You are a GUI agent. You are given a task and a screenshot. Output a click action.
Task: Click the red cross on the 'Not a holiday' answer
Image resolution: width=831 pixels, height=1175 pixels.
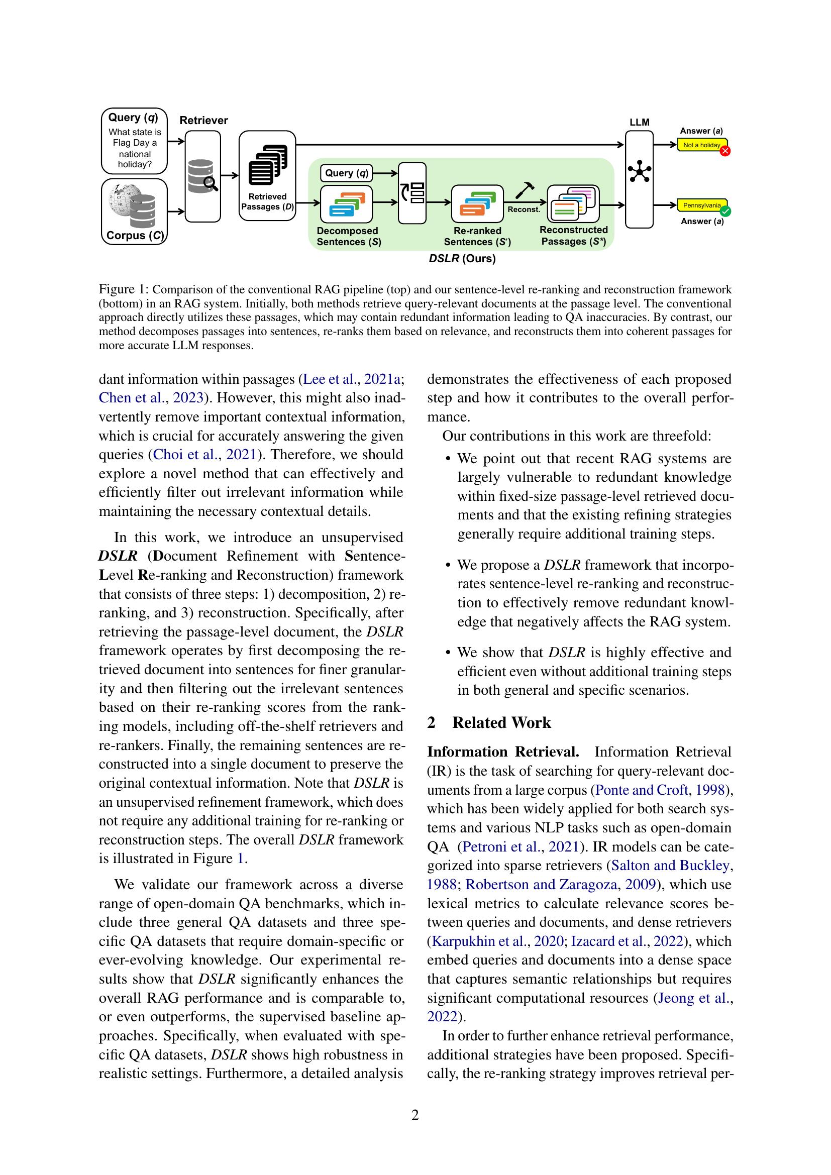724,151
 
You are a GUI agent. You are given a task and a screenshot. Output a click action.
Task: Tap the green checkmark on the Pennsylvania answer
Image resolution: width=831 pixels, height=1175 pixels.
724,211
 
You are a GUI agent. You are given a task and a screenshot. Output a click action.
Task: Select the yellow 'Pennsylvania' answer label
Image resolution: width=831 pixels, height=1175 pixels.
701,205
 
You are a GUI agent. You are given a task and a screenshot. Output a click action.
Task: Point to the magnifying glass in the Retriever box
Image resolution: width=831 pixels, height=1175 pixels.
211,183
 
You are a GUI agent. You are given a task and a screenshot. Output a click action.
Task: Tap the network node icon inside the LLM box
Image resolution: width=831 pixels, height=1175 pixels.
639,171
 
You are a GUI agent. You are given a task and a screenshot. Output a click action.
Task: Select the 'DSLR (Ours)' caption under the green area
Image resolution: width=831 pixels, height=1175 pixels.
462,259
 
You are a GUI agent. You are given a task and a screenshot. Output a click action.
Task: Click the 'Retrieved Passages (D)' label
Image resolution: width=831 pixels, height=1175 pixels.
268,201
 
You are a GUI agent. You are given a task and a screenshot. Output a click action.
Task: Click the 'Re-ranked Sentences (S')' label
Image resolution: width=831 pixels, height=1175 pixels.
477,237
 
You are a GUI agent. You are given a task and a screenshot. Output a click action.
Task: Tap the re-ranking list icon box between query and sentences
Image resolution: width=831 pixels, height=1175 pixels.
412,193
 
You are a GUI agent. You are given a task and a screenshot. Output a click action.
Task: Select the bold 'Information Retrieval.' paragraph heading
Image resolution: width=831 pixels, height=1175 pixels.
503,752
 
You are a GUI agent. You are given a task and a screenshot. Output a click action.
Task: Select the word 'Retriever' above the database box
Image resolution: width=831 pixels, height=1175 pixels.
203,120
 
